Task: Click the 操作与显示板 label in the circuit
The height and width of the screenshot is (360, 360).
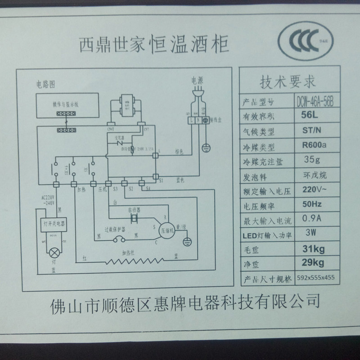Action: pos(65,103)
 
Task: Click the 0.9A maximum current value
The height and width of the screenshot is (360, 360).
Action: pos(310,220)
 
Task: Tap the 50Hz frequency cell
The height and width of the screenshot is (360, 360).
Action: pos(311,204)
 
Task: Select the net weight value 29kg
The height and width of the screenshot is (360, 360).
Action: pos(311,262)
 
